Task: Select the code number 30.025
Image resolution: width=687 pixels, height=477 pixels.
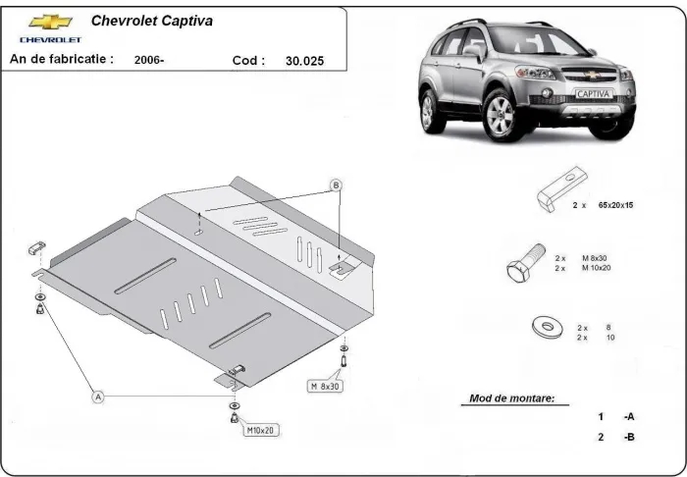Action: point(304,60)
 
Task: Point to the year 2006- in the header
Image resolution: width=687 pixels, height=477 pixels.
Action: point(149,60)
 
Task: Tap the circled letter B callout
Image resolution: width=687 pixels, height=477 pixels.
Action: point(336,185)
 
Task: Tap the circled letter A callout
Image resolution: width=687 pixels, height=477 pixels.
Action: point(97,397)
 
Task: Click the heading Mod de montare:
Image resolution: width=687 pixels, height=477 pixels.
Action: point(505,399)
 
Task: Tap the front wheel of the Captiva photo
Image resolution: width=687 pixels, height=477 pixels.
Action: point(499,111)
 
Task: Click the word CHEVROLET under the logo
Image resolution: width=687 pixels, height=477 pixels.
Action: point(50,39)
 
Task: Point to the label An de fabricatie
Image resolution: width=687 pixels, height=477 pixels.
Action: point(61,59)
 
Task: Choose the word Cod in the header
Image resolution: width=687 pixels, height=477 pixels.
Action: point(248,60)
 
